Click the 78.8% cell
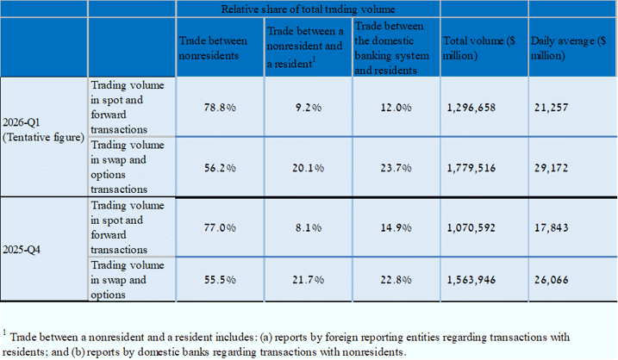pos(220,108)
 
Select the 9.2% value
pos(309,108)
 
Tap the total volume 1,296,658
pos(471,108)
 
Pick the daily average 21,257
pos(552,108)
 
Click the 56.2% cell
pos(220,168)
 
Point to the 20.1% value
pos(309,168)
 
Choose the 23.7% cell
pos(396,168)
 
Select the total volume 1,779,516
pos(471,168)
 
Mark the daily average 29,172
pos(552,168)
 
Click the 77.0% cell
pos(220,227)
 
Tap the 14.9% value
pos(396,227)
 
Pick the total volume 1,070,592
pos(471,227)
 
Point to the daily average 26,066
pos(552,280)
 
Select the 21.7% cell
pos(309,280)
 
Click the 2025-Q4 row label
pos(22,250)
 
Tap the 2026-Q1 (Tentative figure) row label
pos(43,129)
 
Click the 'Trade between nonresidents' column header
pos(213,48)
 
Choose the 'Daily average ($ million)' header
pos(568,48)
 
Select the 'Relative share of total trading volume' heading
pos(309,9)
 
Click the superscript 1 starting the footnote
pos(4,332)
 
